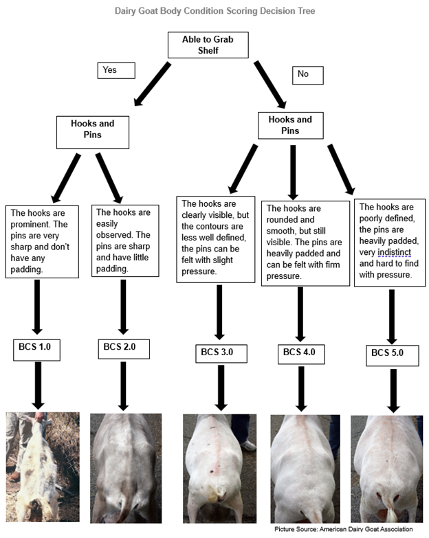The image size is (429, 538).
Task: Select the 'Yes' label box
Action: click(x=116, y=70)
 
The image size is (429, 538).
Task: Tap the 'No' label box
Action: click(x=307, y=75)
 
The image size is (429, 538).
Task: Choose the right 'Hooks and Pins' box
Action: click(x=294, y=125)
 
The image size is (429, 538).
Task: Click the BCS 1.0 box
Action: click(x=36, y=348)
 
